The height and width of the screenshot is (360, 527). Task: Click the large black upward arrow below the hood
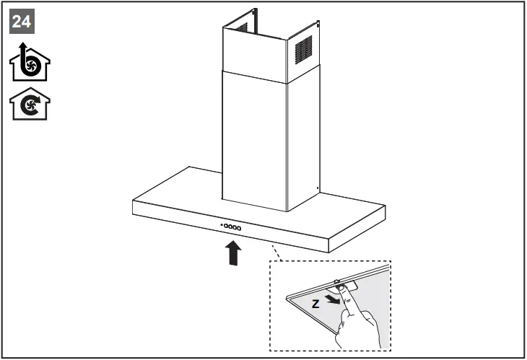point(232,253)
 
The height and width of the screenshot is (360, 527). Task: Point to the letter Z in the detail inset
point(315,304)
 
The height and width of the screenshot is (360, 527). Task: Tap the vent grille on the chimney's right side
point(304,51)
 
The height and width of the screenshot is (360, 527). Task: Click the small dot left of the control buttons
point(222,226)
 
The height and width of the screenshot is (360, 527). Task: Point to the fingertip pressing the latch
point(347,291)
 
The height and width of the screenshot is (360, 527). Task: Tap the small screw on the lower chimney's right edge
point(318,189)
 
